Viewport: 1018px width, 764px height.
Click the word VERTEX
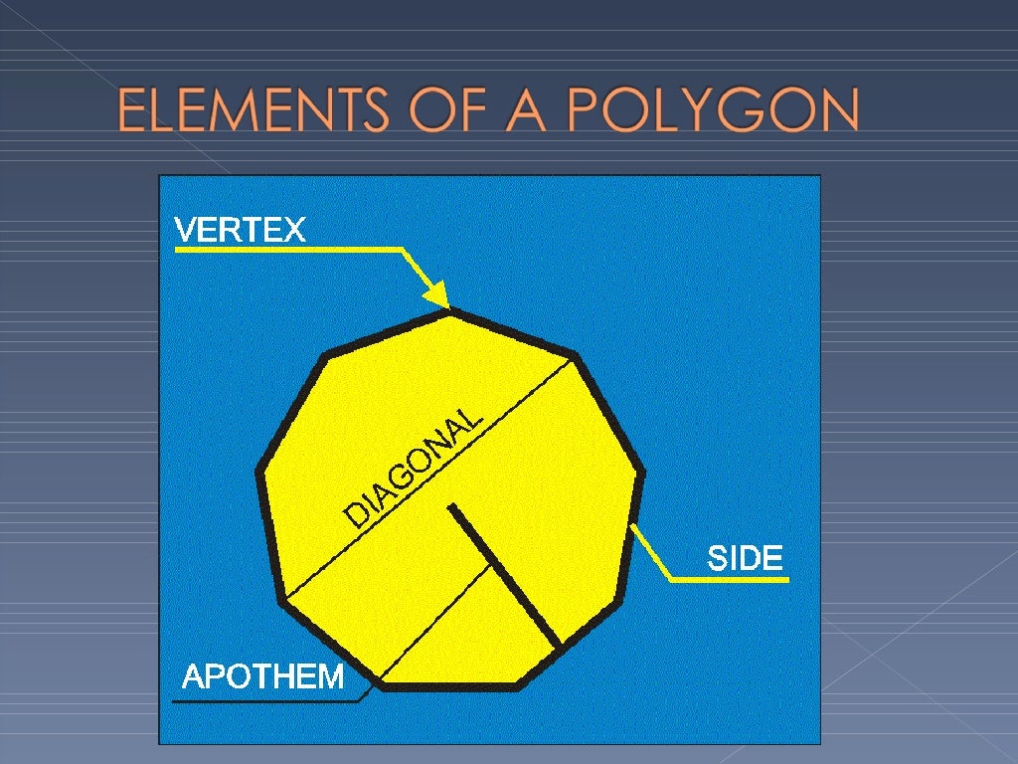[240, 231]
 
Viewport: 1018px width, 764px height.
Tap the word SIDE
[745, 558]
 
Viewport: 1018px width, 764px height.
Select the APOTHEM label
[263, 677]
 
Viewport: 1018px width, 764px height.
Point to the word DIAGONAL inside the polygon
[414, 468]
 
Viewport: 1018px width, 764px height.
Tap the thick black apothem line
[503, 575]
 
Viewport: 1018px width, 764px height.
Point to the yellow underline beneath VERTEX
[288, 250]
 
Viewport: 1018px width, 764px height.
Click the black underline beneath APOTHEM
[263, 700]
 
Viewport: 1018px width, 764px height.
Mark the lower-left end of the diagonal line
[283, 601]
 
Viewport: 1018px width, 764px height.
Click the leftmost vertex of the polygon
[260, 472]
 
